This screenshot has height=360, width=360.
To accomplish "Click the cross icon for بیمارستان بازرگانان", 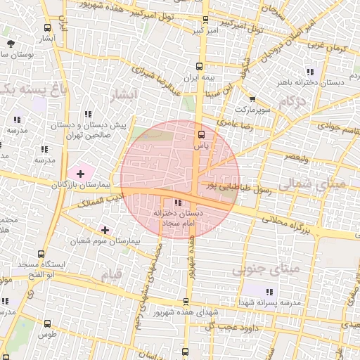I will (x=80, y=173).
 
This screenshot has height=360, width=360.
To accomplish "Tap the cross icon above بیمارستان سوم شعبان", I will (x=105, y=229).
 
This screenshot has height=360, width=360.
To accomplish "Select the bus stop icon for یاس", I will (x=202, y=134).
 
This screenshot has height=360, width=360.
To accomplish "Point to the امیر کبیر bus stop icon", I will (x=205, y=20).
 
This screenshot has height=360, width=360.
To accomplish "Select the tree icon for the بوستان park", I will (x=11, y=44).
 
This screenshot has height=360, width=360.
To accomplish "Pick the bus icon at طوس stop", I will (x=48, y=323).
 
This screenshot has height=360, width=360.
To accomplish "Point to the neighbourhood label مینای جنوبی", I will (x=266, y=268).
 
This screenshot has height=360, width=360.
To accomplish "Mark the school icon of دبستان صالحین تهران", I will (x=87, y=114).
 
